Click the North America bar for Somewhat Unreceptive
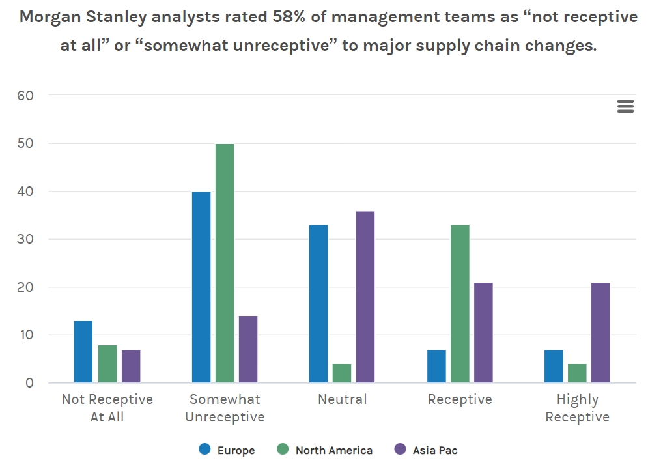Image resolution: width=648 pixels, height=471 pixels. pos(225,263)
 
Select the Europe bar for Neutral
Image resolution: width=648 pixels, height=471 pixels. pos(318,304)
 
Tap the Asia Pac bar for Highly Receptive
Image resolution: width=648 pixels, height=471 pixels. pos(600,332)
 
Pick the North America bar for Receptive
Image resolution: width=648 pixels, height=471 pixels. pos(460,304)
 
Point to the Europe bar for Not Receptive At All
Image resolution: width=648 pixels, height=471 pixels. pos(83,352)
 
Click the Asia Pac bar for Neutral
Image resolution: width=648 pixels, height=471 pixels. pos(365,297)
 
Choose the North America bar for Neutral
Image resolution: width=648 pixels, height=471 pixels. pos(342,373)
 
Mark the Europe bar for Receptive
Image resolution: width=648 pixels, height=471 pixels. pos(436,366)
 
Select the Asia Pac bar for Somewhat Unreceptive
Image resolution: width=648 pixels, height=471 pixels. pos(248,349)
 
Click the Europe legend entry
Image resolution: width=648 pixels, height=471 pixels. pos(228,450)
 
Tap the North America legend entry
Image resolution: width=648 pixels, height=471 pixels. pos(325,450)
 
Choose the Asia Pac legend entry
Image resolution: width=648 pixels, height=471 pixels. pos(427,450)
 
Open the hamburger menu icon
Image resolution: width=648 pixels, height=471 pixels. pos(625,107)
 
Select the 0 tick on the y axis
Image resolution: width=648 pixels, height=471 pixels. pos(29,383)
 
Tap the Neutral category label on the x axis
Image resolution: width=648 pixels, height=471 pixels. pos(343,399)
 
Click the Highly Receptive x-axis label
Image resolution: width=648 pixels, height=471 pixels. pos(577,408)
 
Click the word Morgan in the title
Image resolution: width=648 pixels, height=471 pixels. pos(49,18)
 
